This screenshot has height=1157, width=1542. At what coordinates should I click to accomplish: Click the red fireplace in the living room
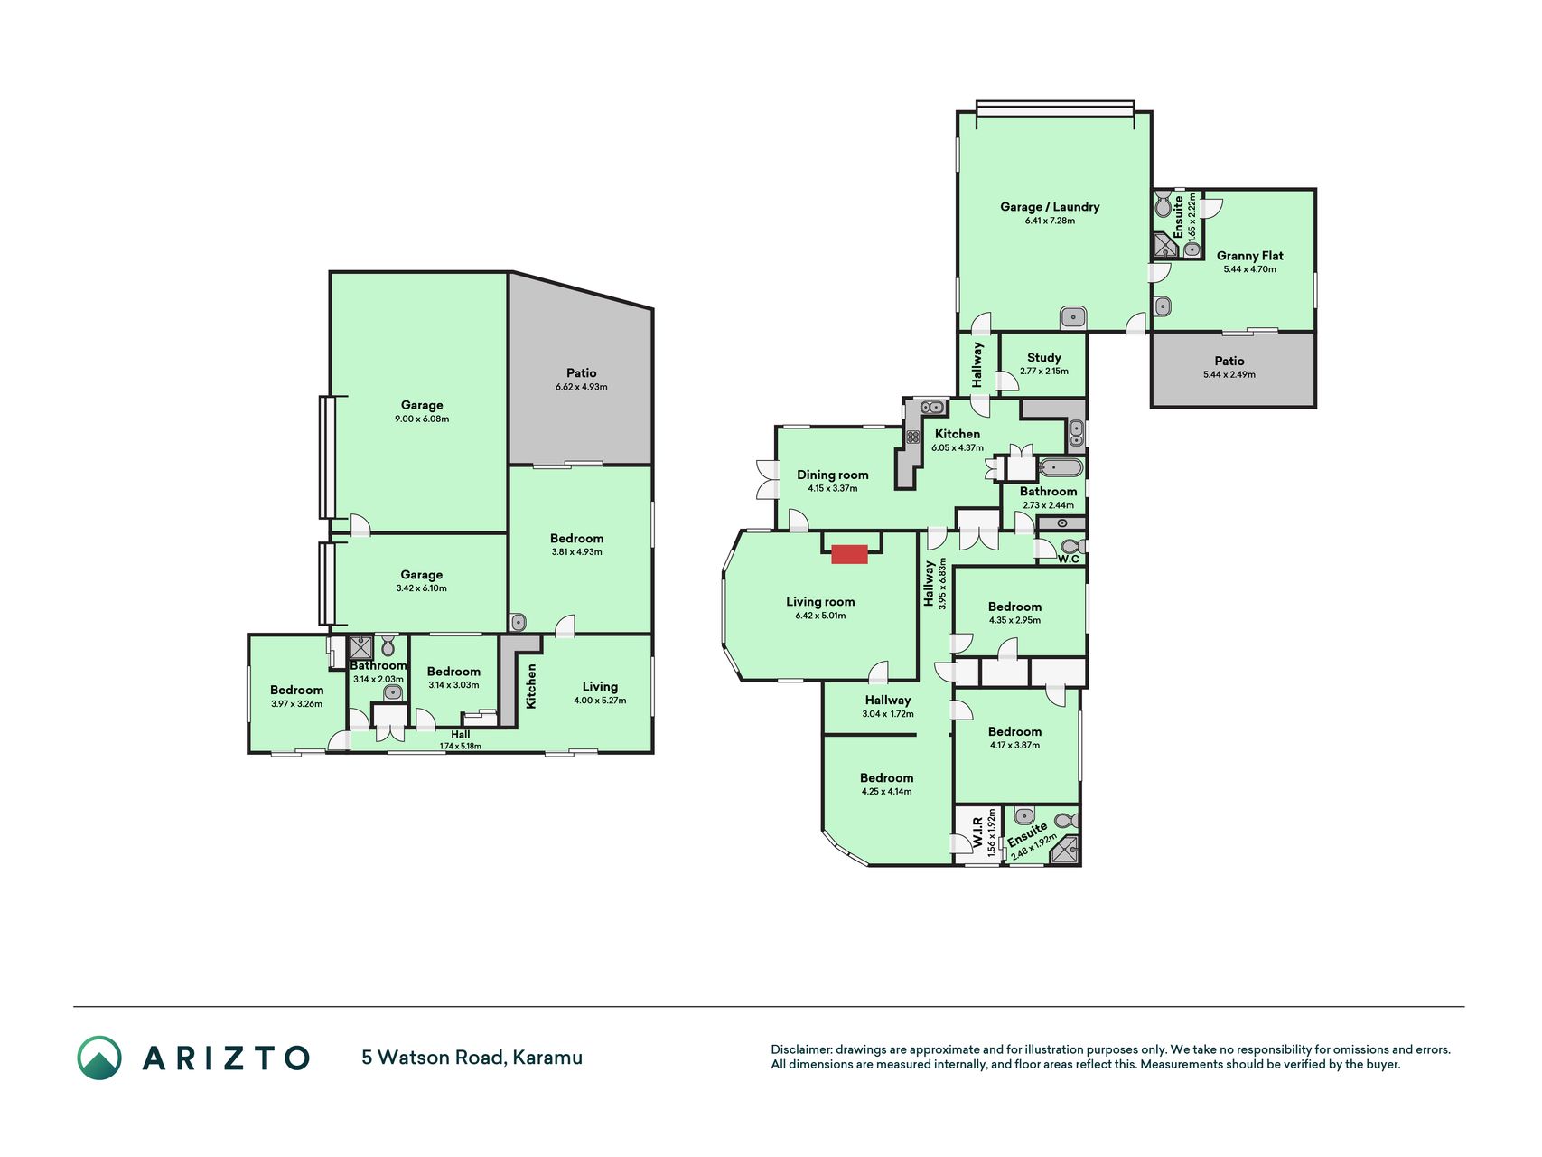tap(849, 554)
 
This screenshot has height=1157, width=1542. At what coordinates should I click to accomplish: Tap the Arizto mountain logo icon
tap(99, 1058)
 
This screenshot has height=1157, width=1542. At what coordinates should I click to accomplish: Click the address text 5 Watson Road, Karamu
tap(472, 1057)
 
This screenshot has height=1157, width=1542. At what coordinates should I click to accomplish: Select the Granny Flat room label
tap(1249, 256)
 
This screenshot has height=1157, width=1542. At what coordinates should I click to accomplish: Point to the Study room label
tap(1044, 357)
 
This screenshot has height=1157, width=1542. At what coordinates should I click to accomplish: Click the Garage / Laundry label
tap(1050, 206)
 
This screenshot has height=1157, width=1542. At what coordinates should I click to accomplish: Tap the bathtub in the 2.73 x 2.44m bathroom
tap(1061, 467)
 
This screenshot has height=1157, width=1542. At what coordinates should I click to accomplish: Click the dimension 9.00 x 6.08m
tap(422, 419)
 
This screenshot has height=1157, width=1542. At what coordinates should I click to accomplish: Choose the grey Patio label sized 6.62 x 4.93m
tap(582, 372)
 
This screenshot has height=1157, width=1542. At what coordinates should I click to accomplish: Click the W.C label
tap(1069, 559)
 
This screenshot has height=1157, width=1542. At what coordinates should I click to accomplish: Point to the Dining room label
tap(833, 475)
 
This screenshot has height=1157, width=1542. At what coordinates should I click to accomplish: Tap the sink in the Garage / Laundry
tap(1073, 317)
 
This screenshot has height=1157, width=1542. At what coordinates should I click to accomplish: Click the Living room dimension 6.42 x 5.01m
tap(820, 616)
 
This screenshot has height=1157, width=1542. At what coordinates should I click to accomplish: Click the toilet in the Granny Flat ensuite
tap(1164, 203)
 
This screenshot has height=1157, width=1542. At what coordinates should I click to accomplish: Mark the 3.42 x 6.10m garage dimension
tap(422, 588)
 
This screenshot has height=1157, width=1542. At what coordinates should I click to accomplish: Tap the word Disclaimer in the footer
tap(801, 1049)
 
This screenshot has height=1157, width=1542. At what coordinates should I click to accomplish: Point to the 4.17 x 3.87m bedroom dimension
tap(1014, 746)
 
